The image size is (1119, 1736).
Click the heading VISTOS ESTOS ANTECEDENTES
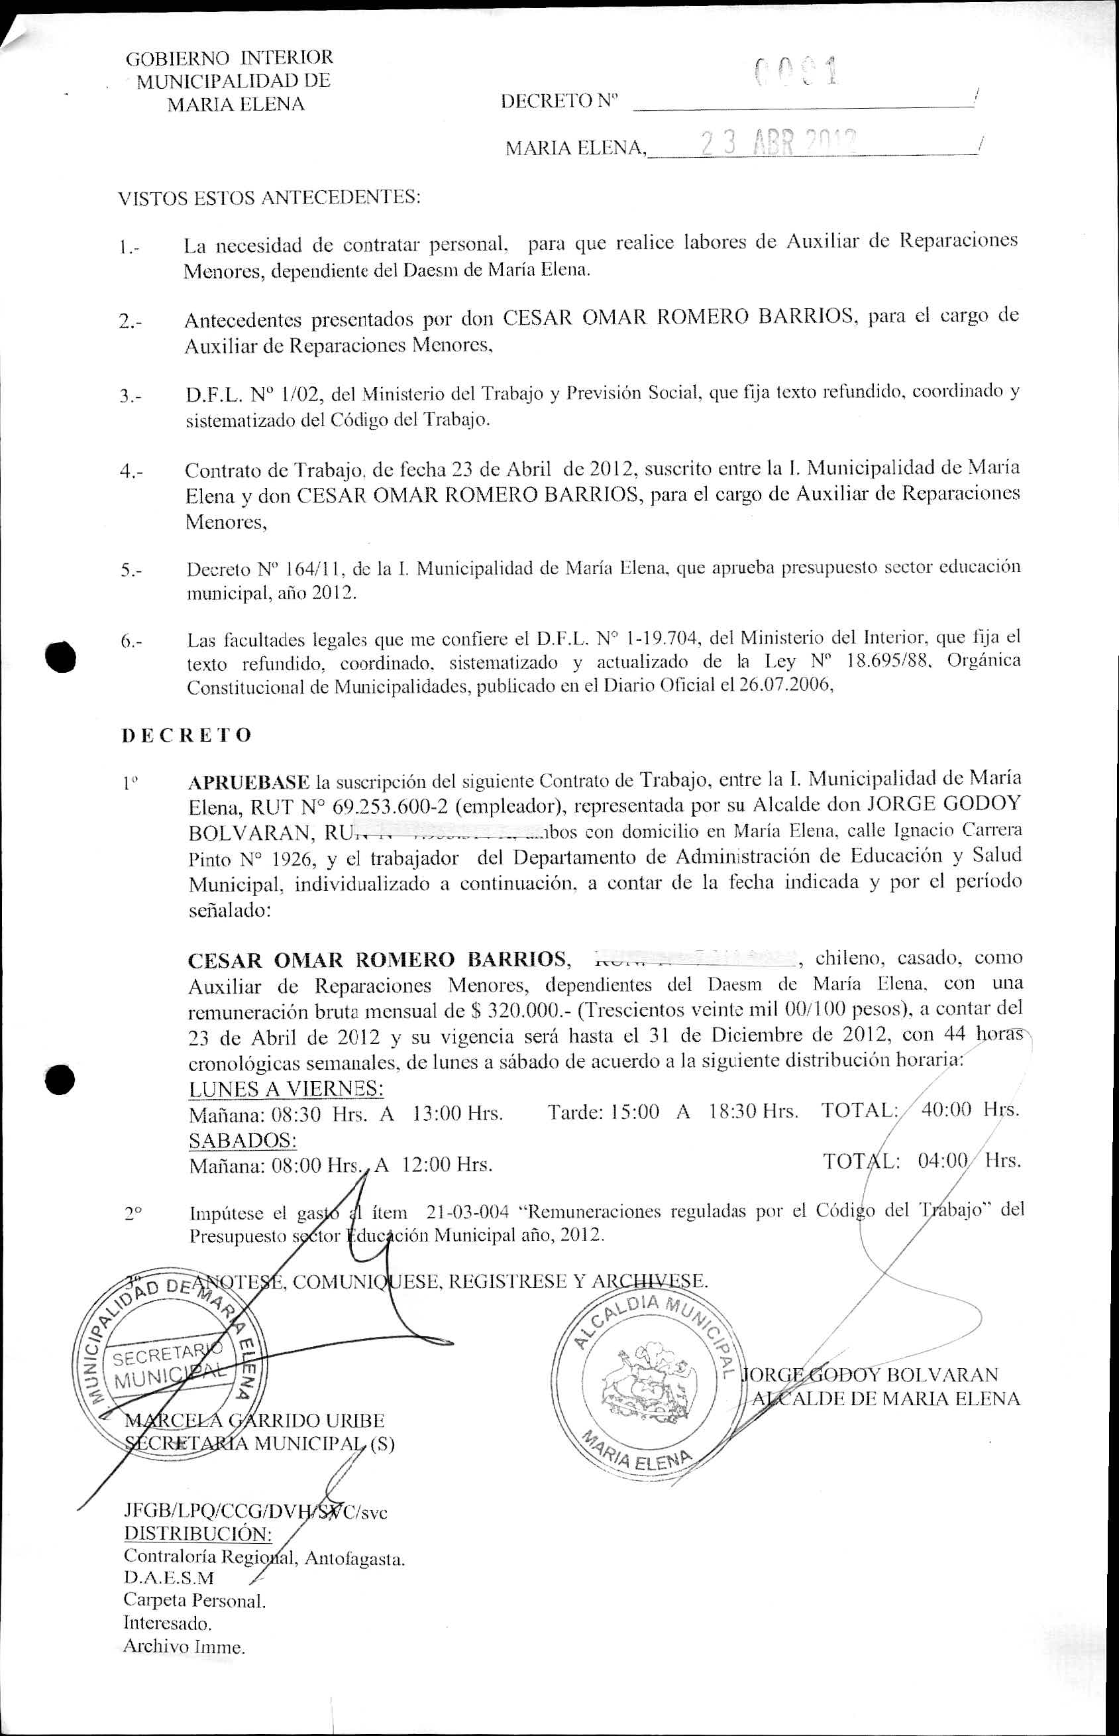pos(270,197)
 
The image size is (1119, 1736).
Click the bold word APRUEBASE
pos(248,781)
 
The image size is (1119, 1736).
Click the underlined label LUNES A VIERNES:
pos(286,1088)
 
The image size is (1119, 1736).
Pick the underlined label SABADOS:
pos(242,1139)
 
